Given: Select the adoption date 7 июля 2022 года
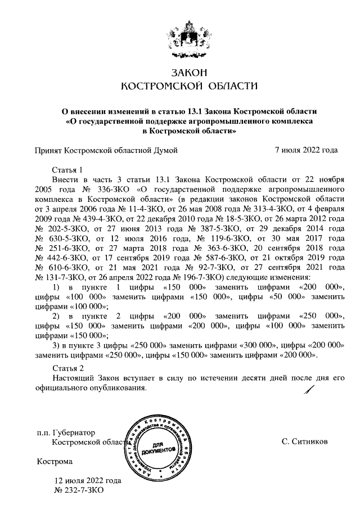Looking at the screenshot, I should [306, 150].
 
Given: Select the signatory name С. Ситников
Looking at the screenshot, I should [304, 442].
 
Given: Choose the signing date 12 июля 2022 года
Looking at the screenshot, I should [87, 481].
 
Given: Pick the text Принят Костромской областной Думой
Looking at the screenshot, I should [106, 150].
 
